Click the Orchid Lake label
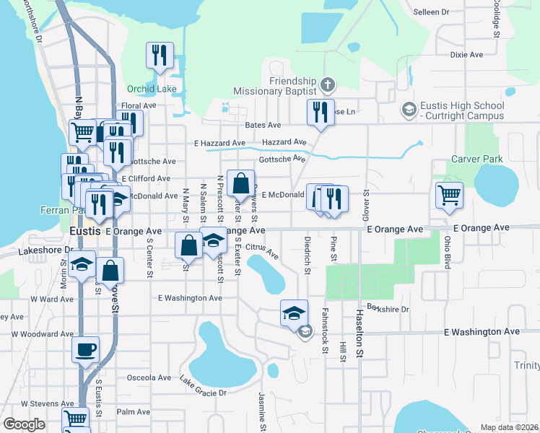[x=152, y=89]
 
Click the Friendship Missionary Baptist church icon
[x=326, y=84]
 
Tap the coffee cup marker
[x=85, y=350]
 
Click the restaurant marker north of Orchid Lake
[x=159, y=55]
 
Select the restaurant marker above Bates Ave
[x=319, y=112]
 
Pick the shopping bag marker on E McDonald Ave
[x=240, y=183]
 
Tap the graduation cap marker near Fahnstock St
[x=294, y=312]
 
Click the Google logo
[x=24, y=424]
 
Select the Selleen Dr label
[x=430, y=12]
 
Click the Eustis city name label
[x=87, y=231]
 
